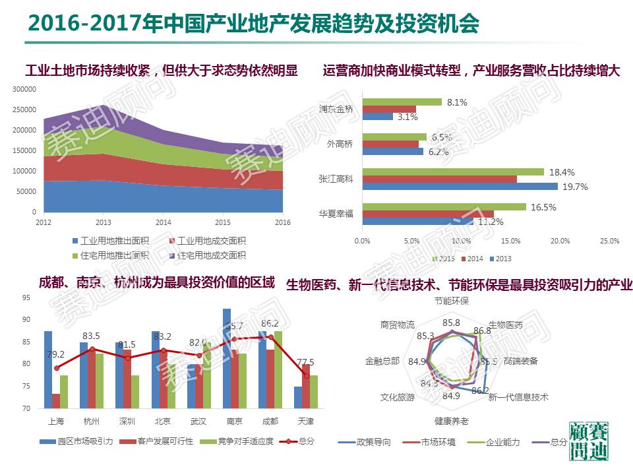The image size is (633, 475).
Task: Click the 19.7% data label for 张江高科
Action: click(574, 187)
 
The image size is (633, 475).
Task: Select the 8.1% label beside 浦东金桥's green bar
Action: click(457, 102)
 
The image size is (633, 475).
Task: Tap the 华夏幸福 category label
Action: click(336, 214)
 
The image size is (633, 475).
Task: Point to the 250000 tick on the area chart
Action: click(24, 110)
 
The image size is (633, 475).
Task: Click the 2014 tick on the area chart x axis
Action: click(164, 222)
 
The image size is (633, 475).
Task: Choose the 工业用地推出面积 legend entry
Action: click(111, 241)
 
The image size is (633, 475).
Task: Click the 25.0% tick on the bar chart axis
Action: click(609, 241)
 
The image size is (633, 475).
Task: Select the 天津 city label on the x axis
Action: click(305, 421)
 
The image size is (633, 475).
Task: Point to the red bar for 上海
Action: click(56, 401)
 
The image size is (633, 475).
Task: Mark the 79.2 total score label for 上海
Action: click(56, 354)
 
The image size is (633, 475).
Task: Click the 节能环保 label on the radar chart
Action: click(452, 301)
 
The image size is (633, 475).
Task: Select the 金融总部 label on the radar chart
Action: click(382, 361)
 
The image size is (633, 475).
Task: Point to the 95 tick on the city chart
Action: click(26, 298)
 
